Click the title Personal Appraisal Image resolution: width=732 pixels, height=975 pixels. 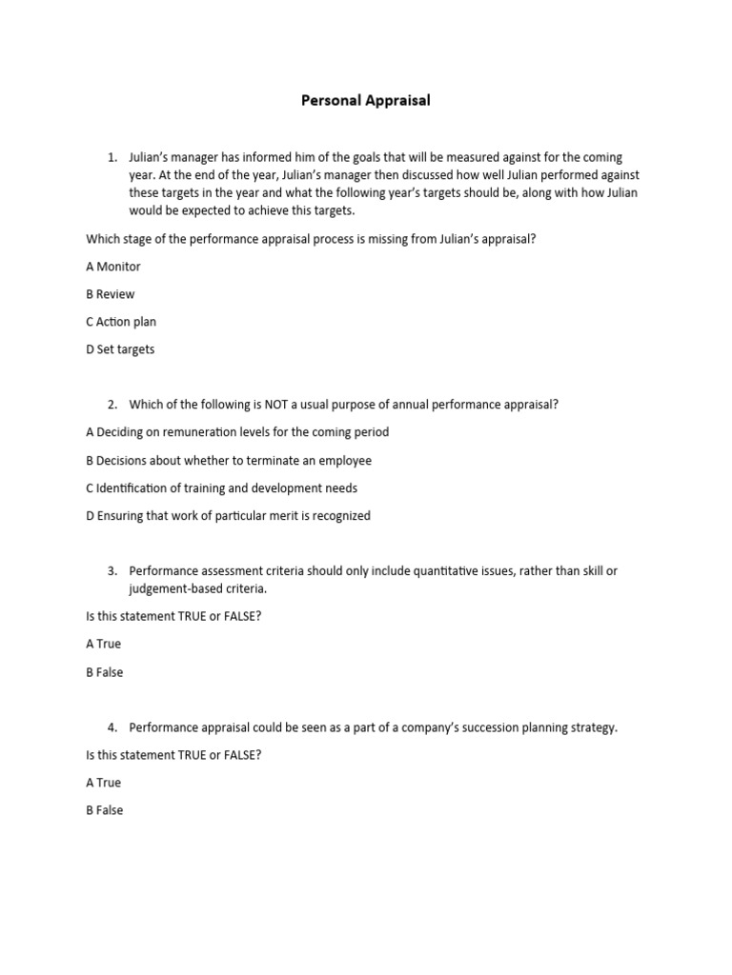pos(366,100)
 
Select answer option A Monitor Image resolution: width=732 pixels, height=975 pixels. pos(112,267)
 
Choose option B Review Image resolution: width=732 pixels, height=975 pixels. pos(110,294)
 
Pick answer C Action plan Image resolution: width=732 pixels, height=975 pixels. pos(120,322)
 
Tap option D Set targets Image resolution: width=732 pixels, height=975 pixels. pos(119,349)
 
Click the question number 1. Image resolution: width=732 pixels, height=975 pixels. pos(112,157)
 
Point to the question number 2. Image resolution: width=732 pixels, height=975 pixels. pos(112,405)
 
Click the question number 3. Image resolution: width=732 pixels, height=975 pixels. pos(112,571)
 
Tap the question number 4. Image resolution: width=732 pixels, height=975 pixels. pos(112,727)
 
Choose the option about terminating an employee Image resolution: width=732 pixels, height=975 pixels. pos(229,461)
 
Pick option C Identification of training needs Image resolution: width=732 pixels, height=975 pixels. pos(221,488)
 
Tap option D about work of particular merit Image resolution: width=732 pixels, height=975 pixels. pos(228,516)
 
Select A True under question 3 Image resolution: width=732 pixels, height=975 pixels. pos(103,644)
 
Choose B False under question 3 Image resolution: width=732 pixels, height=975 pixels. pos(104,672)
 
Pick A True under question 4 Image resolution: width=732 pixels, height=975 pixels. pos(103,783)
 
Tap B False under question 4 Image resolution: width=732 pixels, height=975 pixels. pos(104,810)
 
